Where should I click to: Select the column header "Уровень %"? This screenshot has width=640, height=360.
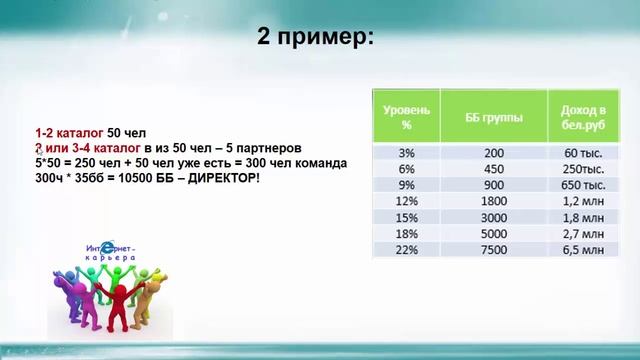[406, 117]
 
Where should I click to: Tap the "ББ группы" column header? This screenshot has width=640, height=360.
[493, 117]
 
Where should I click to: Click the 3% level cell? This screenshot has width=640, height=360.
[406, 153]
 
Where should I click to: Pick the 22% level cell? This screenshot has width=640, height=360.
[406, 249]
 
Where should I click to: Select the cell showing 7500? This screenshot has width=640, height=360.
[493, 249]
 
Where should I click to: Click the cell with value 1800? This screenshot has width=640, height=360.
[493, 201]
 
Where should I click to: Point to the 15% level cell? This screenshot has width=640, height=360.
[406, 217]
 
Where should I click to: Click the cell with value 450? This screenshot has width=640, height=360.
[493, 169]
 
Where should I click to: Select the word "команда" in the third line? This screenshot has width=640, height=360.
[320, 162]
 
